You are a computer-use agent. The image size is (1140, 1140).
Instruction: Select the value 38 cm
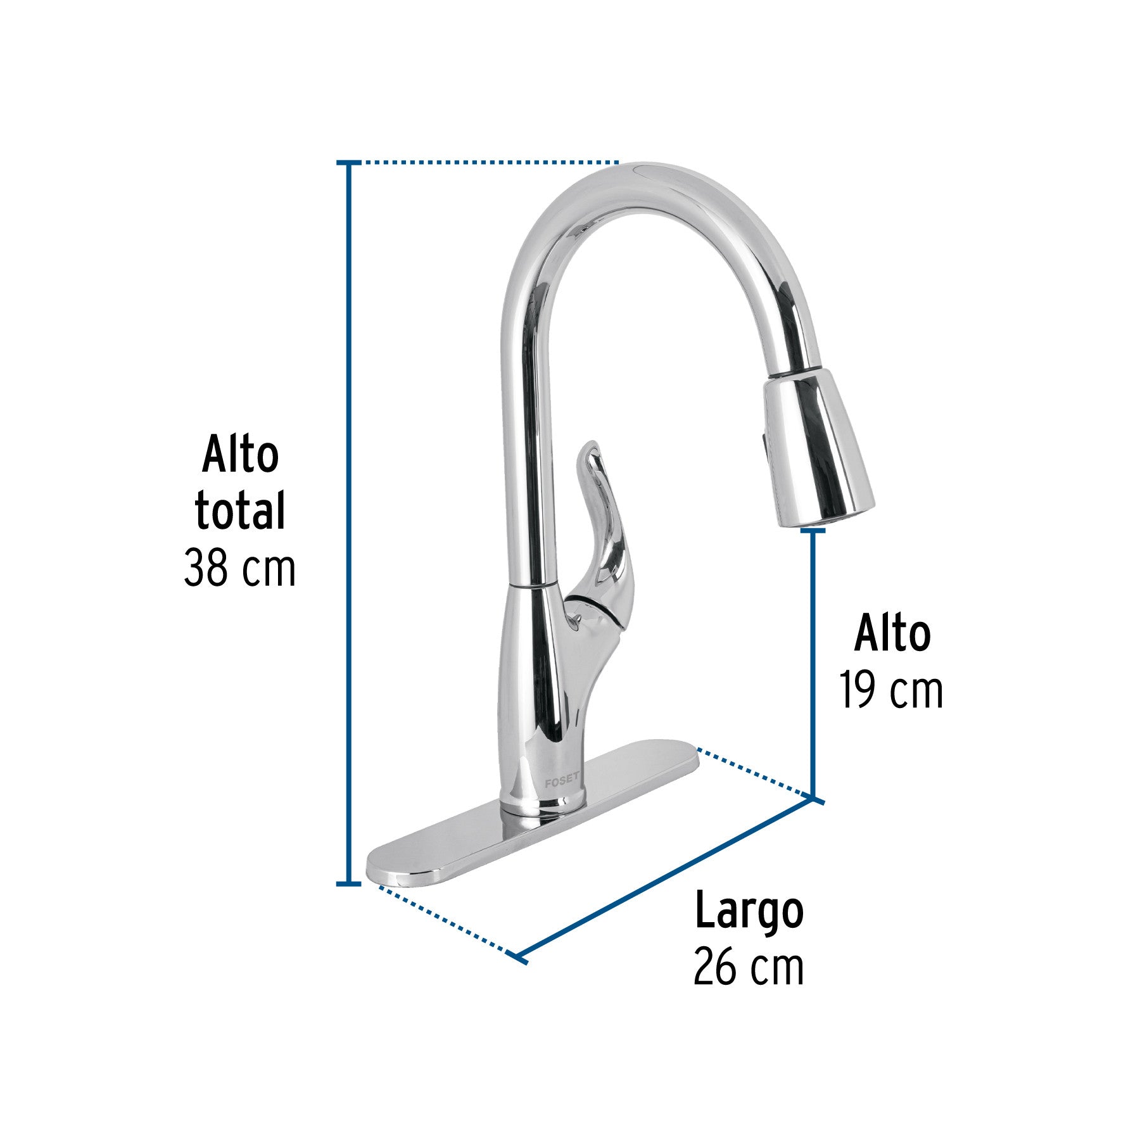pyautogui.click(x=239, y=568)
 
